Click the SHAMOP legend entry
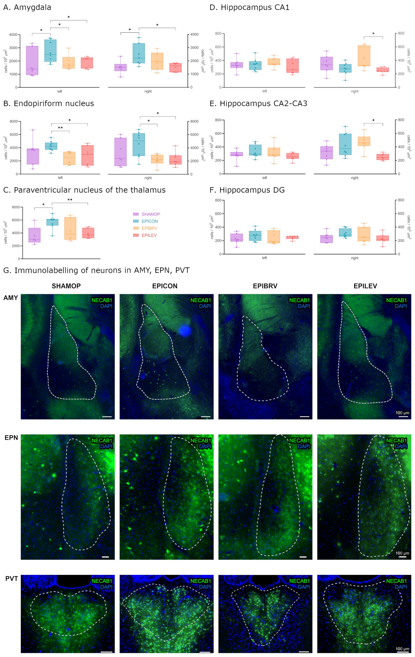point(150,214)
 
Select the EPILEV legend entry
point(149,235)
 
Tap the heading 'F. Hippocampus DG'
point(247,190)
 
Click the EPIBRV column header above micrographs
point(265,286)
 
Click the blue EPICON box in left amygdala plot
point(51,51)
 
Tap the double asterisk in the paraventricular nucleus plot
point(70,200)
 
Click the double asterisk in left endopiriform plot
point(60,128)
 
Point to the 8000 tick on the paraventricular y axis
point(16,207)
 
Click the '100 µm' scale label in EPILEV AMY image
point(402,413)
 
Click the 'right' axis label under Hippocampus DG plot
point(354,258)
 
